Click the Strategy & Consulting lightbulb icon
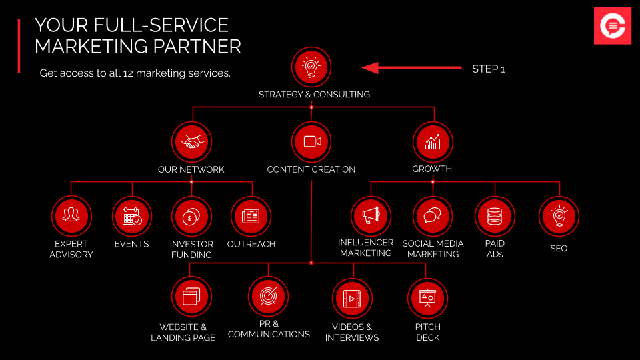click(x=311, y=67)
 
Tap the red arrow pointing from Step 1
click(x=411, y=68)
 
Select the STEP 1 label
click(x=489, y=69)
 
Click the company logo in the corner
click(x=613, y=25)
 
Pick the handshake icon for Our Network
click(x=191, y=141)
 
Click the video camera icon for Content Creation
click(x=311, y=141)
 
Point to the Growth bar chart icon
click(x=433, y=141)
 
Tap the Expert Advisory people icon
click(x=71, y=216)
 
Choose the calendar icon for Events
click(x=132, y=216)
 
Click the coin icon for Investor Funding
click(x=191, y=216)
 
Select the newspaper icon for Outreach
click(x=251, y=216)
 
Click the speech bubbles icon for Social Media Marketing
click(x=433, y=216)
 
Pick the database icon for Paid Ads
click(x=495, y=216)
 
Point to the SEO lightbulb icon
click(x=559, y=216)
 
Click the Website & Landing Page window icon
click(x=191, y=297)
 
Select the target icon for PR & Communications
click(x=268, y=296)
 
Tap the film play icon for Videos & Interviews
click(x=352, y=299)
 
